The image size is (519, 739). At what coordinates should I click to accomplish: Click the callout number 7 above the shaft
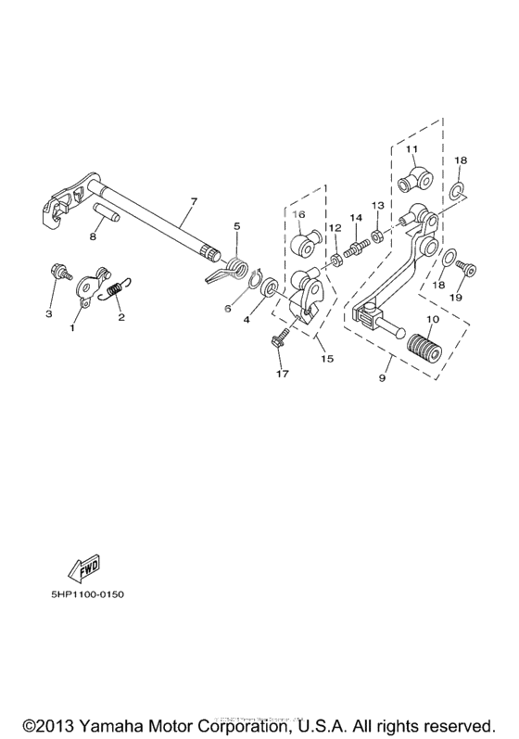click(x=193, y=201)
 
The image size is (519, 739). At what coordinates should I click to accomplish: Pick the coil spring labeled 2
click(x=116, y=290)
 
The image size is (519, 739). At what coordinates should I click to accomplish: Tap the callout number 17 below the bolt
click(x=281, y=374)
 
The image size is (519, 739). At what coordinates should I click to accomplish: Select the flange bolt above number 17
click(x=279, y=341)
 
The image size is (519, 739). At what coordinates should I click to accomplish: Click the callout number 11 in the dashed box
click(x=411, y=147)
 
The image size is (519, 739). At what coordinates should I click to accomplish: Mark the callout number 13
click(x=377, y=205)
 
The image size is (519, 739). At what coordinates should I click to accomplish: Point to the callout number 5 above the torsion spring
click(x=237, y=226)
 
